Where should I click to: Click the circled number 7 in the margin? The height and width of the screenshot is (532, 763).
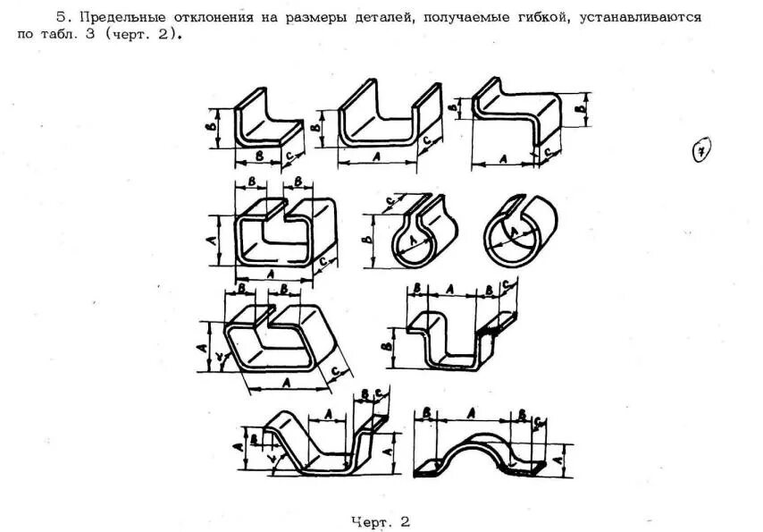(701, 153)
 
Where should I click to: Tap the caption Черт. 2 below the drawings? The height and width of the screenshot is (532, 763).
(381, 520)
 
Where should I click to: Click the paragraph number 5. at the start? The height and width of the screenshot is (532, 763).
(62, 17)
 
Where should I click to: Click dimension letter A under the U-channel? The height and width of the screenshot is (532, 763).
(375, 156)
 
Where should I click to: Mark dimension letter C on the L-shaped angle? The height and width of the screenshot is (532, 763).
(289, 154)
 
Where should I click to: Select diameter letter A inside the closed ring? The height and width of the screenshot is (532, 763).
(516, 234)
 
